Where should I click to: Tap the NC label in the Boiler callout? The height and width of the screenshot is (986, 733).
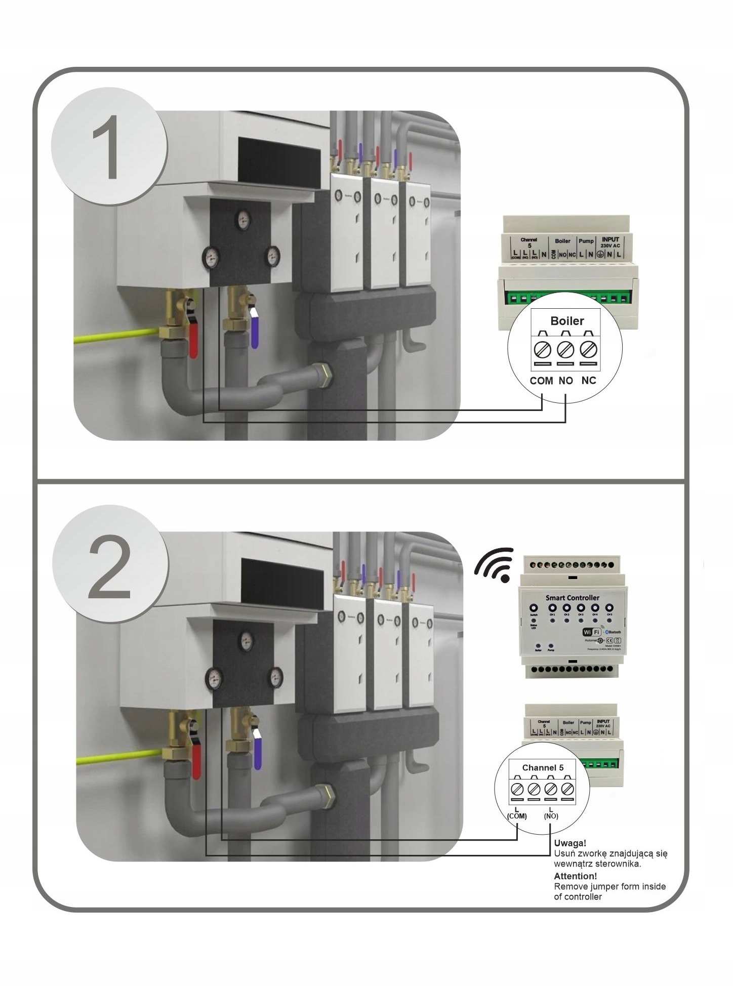[x=589, y=380]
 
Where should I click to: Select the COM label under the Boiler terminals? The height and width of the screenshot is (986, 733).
[x=541, y=381]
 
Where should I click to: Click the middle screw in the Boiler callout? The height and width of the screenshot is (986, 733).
[x=565, y=349]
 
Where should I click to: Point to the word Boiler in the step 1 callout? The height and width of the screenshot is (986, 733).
[x=567, y=321]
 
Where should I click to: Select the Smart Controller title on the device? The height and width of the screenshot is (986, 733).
[x=572, y=598]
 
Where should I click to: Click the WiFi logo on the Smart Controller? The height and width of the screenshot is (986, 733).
[x=591, y=632]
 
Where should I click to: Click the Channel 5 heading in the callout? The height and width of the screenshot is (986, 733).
[x=543, y=768]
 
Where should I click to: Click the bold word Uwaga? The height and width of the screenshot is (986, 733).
[x=570, y=843]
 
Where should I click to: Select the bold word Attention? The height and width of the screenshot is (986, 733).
[x=575, y=876]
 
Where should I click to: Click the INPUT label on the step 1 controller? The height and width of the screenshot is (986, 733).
[x=610, y=239]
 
